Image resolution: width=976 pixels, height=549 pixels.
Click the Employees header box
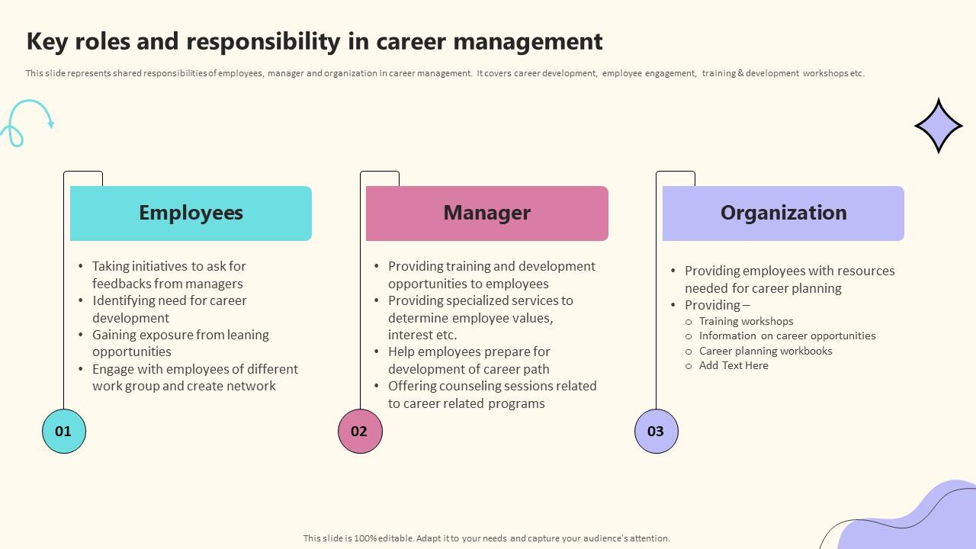(x=191, y=213)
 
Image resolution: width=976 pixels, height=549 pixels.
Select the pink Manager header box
(x=487, y=213)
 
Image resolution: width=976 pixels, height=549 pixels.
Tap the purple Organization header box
(x=783, y=213)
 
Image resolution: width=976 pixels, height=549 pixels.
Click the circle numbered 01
(x=63, y=431)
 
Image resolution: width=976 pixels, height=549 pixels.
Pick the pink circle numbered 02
(x=359, y=431)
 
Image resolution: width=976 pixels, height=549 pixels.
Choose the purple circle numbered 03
(x=656, y=431)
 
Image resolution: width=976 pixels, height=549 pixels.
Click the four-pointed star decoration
(x=939, y=126)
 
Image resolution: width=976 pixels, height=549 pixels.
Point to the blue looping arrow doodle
(x=27, y=122)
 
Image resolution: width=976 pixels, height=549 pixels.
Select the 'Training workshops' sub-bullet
(x=746, y=321)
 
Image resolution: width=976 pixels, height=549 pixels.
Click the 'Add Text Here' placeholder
(x=734, y=365)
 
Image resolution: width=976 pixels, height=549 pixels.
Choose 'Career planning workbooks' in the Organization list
(x=766, y=351)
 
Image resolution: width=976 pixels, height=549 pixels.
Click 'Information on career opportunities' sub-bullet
(x=787, y=335)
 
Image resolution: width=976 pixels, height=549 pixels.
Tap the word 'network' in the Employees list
(x=250, y=386)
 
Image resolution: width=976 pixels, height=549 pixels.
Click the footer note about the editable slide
(x=486, y=538)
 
